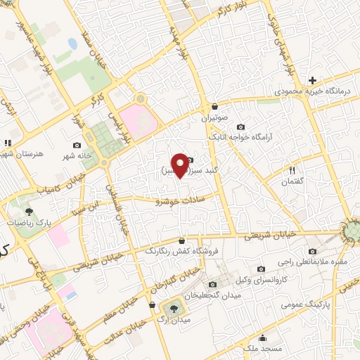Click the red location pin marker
(180, 165)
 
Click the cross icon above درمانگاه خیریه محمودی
(313, 80)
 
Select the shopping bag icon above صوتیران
(214, 106)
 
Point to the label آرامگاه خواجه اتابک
(252, 138)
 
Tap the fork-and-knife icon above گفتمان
(293, 170)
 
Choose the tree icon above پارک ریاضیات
(29, 210)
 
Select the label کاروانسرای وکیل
(262, 279)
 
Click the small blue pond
(72, 44)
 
